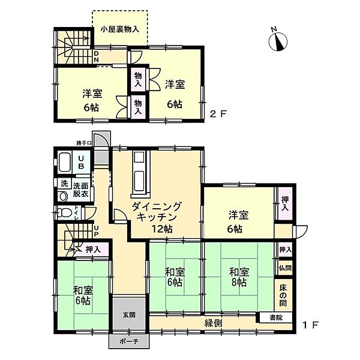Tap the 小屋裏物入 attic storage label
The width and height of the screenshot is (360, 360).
pyautogui.click(x=119, y=28)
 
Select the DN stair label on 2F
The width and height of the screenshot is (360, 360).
pyautogui.click(x=96, y=57)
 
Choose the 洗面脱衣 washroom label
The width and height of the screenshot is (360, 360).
pyautogui.click(x=81, y=190)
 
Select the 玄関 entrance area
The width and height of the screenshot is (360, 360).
pyautogui.click(x=128, y=315)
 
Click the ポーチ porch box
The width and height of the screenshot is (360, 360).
pyautogui.click(x=128, y=341)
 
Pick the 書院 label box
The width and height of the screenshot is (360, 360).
pyautogui.click(x=275, y=317)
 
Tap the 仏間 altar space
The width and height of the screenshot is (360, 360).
pyautogui.click(x=284, y=268)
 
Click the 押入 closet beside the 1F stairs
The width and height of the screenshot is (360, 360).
pyautogui.click(x=92, y=249)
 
